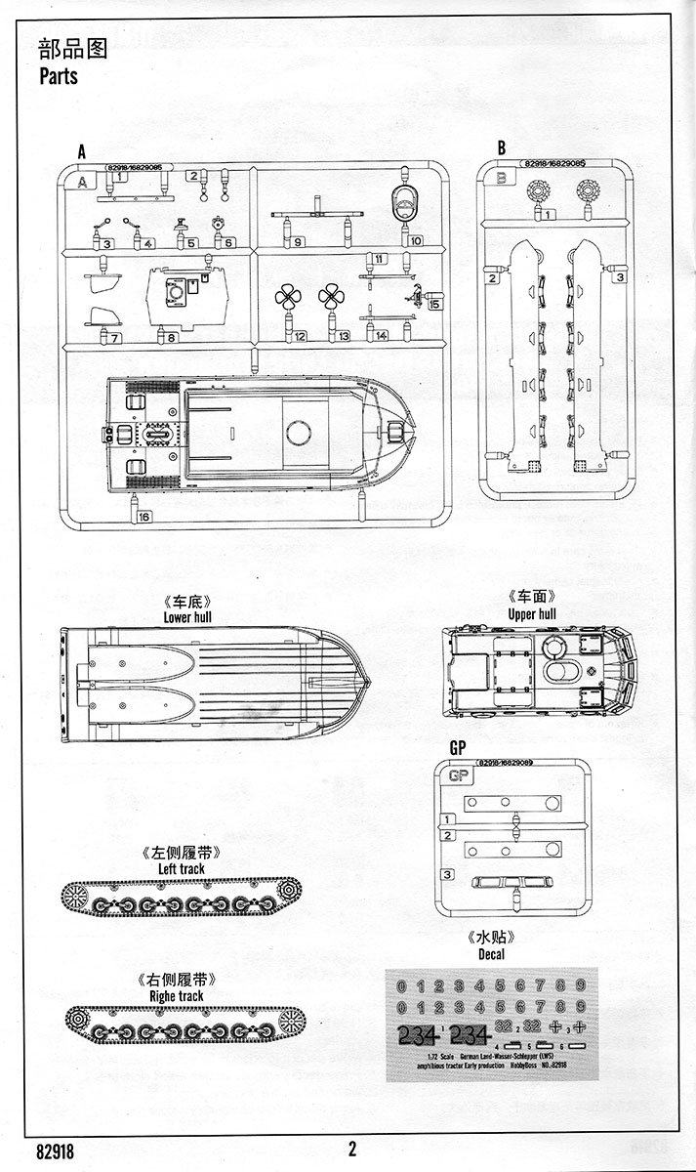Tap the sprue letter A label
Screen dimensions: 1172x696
(82, 151)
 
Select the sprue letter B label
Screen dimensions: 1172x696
(501, 147)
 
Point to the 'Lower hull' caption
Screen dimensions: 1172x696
(189, 616)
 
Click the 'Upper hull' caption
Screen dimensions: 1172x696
(532, 614)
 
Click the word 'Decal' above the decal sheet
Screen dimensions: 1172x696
(498, 953)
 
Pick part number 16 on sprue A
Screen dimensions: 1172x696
(145, 517)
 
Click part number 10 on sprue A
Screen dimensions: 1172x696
(416, 240)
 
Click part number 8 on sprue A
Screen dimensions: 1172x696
(172, 338)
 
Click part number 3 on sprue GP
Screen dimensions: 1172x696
(447, 875)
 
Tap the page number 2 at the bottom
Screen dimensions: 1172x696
(351, 1149)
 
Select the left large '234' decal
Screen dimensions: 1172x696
(418, 1034)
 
